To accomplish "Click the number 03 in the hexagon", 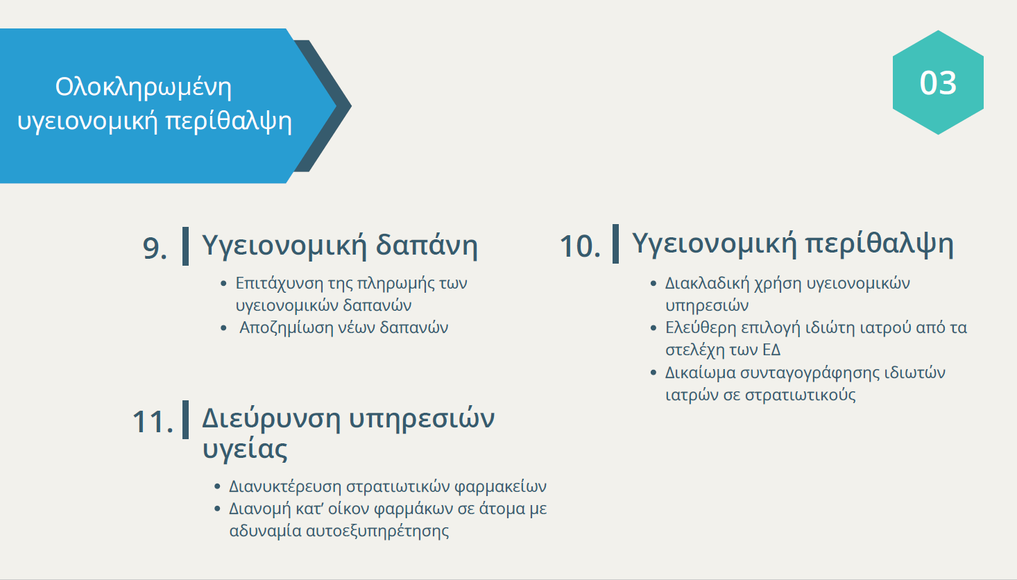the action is point(938,83).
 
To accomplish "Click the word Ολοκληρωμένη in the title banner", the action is point(144,87).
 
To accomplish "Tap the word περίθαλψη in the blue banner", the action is point(228,121).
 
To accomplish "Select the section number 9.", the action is point(155,248).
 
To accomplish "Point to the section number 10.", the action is point(580,246).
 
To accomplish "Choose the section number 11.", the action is point(153,422).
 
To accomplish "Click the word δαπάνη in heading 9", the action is point(427,246).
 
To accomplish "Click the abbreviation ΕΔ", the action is point(771,350).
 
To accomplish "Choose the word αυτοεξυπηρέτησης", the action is point(378,531).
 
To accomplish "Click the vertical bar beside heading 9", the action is point(185,246).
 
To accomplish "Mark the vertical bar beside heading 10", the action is point(615,244).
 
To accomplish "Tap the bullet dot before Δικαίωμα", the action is point(653,373).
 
